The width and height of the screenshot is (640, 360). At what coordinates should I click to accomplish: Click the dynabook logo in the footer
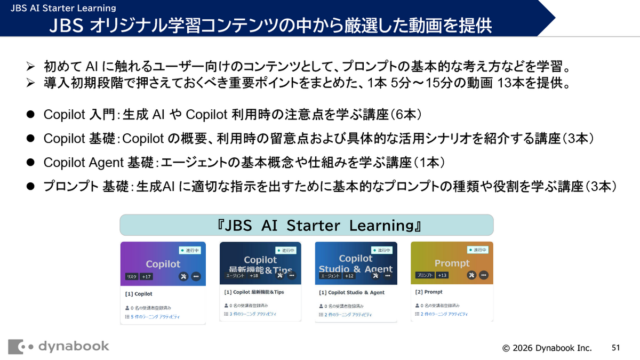click(59, 347)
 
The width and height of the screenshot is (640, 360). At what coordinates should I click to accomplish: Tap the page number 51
click(616, 348)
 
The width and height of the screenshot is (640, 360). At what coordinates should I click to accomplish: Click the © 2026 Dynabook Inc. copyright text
click(547, 348)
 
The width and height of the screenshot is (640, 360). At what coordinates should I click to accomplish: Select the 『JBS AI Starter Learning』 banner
click(306, 225)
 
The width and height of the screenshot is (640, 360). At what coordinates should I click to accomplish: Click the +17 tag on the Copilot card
click(147, 276)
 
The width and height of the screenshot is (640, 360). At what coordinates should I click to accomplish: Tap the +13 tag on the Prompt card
click(442, 275)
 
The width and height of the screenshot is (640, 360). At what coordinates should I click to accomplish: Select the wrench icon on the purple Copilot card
click(183, 276)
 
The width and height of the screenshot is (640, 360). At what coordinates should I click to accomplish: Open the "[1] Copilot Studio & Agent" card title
click(351, 293)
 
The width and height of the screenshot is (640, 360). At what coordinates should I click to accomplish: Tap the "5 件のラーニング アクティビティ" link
click(155, 317)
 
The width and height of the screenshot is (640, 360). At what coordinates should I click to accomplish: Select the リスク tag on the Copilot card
click(131, 276)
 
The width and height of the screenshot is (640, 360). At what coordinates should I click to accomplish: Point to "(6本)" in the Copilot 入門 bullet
click(407, 114)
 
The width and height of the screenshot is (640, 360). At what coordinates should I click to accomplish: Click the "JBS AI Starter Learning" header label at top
click(62, 8)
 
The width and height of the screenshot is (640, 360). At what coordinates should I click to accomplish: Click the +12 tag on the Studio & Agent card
click(349, 275)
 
